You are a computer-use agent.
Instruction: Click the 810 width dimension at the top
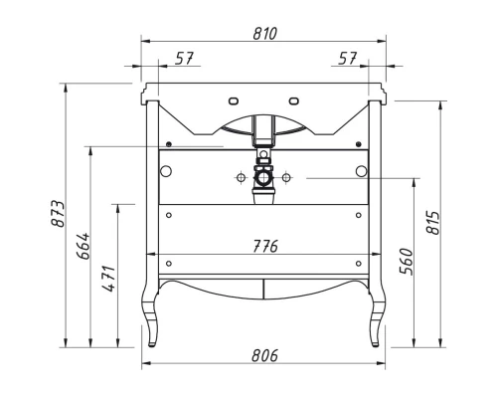tap(263, 33)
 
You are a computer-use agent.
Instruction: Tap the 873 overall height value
tap(58, 215)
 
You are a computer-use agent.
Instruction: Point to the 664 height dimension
tap(84, 246)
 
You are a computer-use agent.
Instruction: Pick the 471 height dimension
tap(109, 275)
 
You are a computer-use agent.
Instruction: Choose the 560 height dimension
tap(407, 264)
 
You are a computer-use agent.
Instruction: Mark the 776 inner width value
tap(263, 246)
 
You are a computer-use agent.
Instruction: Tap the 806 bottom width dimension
tap(263, 355)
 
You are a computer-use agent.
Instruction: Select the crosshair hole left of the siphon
tap(240, 178)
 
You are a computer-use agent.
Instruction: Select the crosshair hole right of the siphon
tap(286, 178)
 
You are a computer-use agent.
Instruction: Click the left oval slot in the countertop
tap(233, 99)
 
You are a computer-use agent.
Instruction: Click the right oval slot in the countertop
tap(295, 99)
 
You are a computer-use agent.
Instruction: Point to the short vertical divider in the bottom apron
tap(263, 288)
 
